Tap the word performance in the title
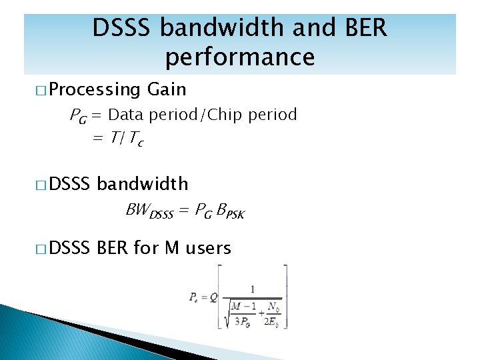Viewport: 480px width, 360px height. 240,57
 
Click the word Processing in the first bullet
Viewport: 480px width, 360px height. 94,89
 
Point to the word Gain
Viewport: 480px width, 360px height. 167,89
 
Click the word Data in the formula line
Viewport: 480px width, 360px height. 127,115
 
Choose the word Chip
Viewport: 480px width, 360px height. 226,115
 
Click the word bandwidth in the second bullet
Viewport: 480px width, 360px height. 143,184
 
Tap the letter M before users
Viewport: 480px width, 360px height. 172,249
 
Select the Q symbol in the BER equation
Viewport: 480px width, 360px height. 213,297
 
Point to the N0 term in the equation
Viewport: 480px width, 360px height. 271,307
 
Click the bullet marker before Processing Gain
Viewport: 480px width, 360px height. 41,90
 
